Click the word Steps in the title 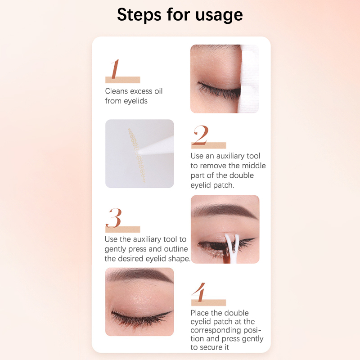(x=139, y=15)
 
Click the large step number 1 (x=115, y=69)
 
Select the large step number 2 (x=201, y=135)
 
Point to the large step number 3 (x=114, y=218)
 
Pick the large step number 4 (x=199, y=292)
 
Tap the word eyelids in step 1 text (x=136, y=101)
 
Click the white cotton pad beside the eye (x=249, y=78)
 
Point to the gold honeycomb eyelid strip (x=137, y=155)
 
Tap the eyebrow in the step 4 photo (x=139, y=275)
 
